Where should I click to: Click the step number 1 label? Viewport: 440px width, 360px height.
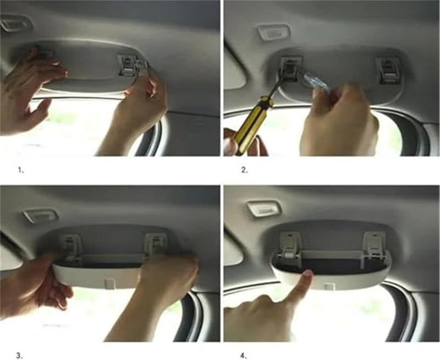(21, 171)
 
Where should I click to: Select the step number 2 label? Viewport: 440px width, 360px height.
(245, 171)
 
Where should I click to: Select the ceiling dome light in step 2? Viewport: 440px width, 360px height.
(273, 31)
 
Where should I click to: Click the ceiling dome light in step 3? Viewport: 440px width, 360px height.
(40, 215)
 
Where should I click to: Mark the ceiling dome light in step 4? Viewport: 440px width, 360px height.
(263, 208)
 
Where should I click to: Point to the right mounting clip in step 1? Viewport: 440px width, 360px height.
(129, 64)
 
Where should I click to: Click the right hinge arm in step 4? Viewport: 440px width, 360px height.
(374, 244)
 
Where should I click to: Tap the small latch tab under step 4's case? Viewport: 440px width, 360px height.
(329, 286)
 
